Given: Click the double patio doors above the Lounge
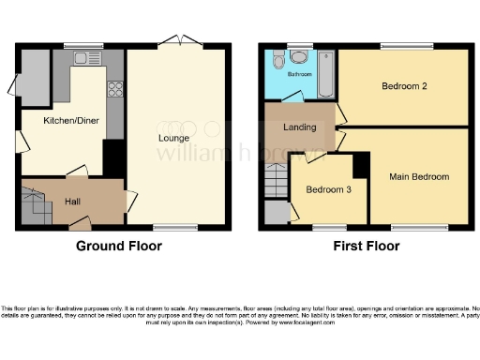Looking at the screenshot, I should [174, 40].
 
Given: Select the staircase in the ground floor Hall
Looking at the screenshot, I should [34, 205].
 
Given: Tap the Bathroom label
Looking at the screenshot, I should [299, 73].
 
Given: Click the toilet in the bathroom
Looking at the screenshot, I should [278, 60].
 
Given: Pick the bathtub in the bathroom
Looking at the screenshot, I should [326, 75].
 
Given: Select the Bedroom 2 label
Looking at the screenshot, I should [404, 87].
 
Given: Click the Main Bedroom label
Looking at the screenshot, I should [420, 176].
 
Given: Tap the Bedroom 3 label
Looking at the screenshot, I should [329, 190].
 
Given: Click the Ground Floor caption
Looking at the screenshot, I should [118, 247].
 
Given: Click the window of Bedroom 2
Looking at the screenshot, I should [406, 46].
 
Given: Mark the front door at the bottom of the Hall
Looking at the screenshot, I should [82, 223].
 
